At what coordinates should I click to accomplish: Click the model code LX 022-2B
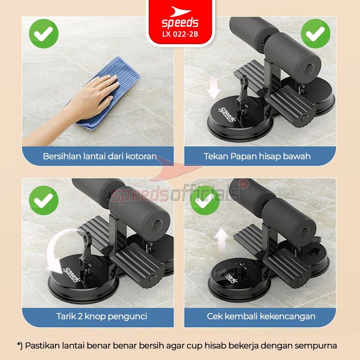click(180, 34)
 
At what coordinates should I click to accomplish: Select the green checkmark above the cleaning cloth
click(44, 34)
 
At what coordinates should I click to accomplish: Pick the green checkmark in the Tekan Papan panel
click(315, 34)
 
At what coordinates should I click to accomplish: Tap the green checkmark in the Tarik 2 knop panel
click(44, 200)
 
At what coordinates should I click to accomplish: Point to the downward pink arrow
click(214, 88)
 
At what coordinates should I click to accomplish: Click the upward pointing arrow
click(222, 240)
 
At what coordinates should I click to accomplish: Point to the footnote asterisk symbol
click(19, 344)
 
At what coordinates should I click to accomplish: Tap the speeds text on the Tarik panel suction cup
click(71, 275)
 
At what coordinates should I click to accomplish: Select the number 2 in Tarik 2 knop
click(80, 316)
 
